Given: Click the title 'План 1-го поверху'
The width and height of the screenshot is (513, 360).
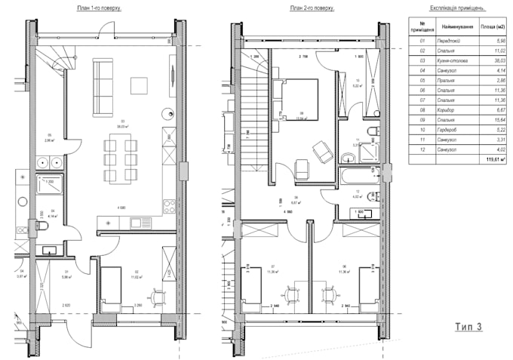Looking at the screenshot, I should [100, 8].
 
